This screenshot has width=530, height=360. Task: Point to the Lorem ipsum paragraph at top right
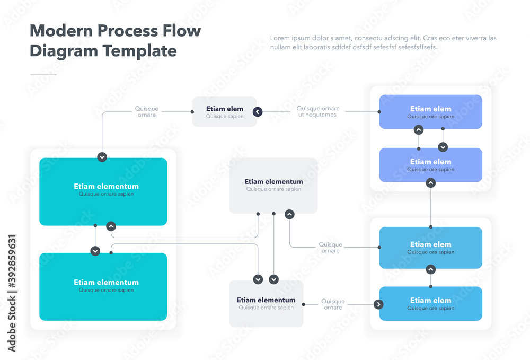click(x=383, y=42)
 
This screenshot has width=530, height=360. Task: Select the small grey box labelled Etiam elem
click(x=224, y=112)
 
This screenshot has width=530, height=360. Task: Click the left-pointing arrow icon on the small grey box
click(x=258, y=112)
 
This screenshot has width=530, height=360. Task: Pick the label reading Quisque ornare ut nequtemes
click(x=317, y=112)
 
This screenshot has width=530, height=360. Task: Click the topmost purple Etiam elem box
click(x=430, y=112)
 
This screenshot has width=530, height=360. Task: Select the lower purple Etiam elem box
click(x=430, y=165)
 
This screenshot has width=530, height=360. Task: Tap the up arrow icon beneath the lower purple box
click(x=431, y=183)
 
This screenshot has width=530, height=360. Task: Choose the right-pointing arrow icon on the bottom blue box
click(x=378, y=304)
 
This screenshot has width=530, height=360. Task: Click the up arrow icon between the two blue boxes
click(x=431, y=269)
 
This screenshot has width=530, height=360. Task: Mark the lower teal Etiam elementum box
click(x=103, y=286)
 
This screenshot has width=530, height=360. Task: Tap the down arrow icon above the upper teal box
click(x=102, y=157)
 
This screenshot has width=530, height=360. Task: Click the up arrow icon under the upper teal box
click(x=111, y=226)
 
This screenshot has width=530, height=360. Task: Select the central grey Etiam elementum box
click(x=273, y=186)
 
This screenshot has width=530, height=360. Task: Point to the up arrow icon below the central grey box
click(x=289, y=214)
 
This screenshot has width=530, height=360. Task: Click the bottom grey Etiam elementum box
click(x=266, y=303)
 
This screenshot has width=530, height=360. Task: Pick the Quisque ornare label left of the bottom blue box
click(x=333, y=304)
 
